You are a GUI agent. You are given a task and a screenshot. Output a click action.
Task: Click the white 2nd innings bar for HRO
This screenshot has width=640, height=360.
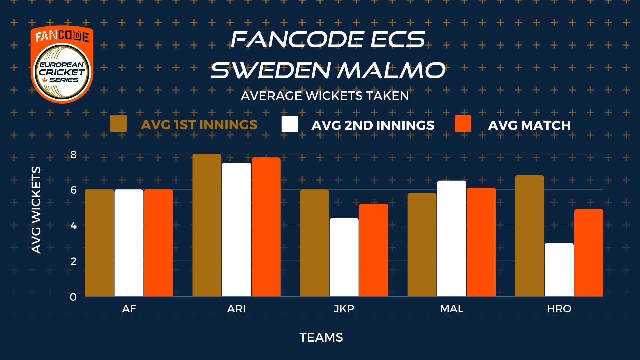pos(559,270)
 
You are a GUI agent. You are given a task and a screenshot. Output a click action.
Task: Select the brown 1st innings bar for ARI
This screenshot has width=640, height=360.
pos(207,225)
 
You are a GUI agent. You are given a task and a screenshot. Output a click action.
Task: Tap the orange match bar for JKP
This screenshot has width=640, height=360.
pos(374,250)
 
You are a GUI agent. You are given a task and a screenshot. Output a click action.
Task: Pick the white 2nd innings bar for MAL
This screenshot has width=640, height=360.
pos(452,239)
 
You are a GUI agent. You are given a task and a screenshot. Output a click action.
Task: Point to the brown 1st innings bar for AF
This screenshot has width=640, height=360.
pos(99,243)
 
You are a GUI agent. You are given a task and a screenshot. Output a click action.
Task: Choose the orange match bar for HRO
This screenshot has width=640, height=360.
pos(589,253)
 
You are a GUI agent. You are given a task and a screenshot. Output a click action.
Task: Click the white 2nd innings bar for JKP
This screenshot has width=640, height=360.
pos(344,257)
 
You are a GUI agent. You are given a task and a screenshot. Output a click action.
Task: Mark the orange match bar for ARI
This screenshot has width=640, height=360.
pos(266,227)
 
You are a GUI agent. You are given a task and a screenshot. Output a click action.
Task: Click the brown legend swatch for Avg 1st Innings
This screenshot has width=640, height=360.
pos(118,124)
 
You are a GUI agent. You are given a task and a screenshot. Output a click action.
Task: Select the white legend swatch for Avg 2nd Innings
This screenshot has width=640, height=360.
pos(290,124)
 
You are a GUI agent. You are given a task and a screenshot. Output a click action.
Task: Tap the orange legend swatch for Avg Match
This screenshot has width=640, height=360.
pos(463,124)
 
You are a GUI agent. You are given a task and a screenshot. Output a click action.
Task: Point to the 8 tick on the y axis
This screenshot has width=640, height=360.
pos(74,155)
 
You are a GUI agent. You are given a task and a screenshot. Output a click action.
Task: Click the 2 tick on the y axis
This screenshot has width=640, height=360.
pos(74,261)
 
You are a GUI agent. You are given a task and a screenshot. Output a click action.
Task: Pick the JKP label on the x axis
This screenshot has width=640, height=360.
pos(344,309)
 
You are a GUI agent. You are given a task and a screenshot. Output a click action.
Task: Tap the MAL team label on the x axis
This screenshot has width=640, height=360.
pos(452,309)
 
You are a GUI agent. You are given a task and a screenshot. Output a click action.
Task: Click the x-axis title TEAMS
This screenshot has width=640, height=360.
pos(321,338)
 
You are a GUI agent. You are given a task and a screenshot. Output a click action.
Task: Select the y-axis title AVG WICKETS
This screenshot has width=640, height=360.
pos(36,210)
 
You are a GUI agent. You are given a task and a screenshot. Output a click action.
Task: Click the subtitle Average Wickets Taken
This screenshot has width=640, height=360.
pos(325,96)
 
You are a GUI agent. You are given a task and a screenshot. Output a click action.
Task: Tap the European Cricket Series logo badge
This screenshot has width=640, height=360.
pos(62,65)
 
